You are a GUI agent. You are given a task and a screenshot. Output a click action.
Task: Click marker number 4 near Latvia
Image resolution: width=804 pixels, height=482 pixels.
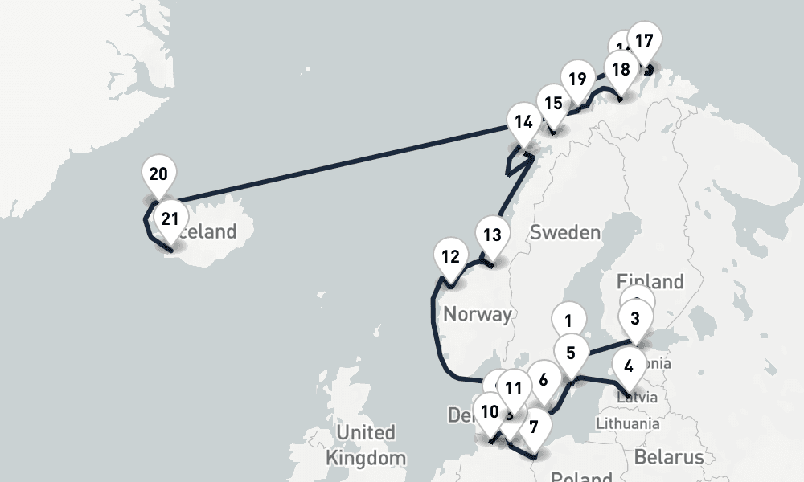(629, 366)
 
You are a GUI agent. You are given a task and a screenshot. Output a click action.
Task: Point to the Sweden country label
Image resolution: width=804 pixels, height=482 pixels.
(565, 233)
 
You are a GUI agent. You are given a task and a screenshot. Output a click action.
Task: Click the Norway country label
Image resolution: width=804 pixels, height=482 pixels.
(477, 314)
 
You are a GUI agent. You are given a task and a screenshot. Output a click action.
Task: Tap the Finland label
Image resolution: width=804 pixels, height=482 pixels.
(650, 281)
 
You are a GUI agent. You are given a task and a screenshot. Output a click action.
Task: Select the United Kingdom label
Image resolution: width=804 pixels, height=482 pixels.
(365, 445)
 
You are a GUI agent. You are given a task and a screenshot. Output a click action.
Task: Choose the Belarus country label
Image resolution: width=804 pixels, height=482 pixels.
(668, 457)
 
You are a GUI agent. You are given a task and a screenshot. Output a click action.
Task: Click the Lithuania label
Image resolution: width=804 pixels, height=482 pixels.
(628, 423)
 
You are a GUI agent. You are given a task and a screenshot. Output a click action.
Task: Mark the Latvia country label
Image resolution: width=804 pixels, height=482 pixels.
(638, 397)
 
